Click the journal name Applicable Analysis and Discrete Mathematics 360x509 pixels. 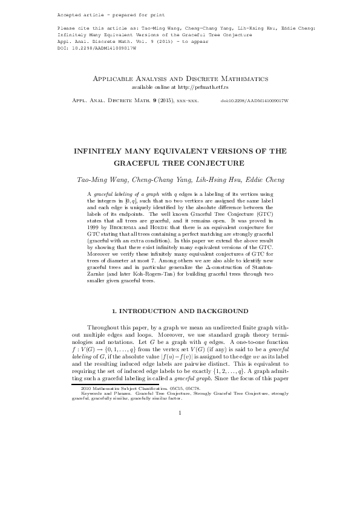pos(179,79)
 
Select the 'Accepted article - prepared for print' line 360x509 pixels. pos(103,14)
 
